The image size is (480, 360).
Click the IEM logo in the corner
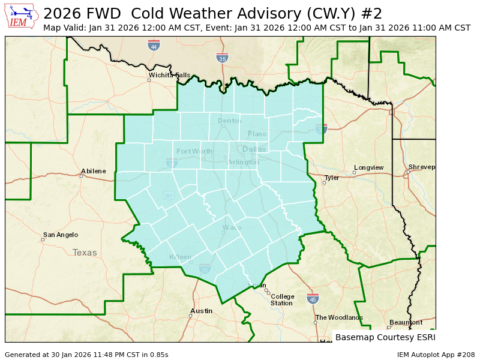22,17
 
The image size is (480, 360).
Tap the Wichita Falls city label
170,76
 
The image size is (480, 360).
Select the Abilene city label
94,171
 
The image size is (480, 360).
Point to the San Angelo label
60,235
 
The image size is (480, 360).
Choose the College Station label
282,299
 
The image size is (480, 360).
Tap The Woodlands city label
339,317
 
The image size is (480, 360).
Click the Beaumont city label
406,322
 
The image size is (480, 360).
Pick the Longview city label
368,167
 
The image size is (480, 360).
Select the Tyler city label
332,178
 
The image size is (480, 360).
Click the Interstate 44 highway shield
154,46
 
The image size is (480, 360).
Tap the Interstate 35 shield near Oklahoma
222,58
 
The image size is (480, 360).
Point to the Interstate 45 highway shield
313,298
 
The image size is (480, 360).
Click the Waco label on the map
232,227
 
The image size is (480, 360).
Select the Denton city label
229,121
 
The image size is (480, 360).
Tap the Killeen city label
180,257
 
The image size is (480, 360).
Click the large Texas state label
85,253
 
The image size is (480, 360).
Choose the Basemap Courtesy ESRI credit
385,337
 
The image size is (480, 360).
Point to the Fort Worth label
194,151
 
